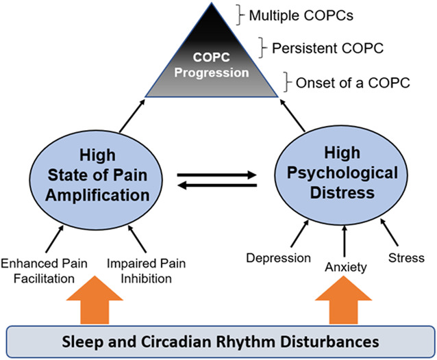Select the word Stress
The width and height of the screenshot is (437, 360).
pos(408,258)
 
